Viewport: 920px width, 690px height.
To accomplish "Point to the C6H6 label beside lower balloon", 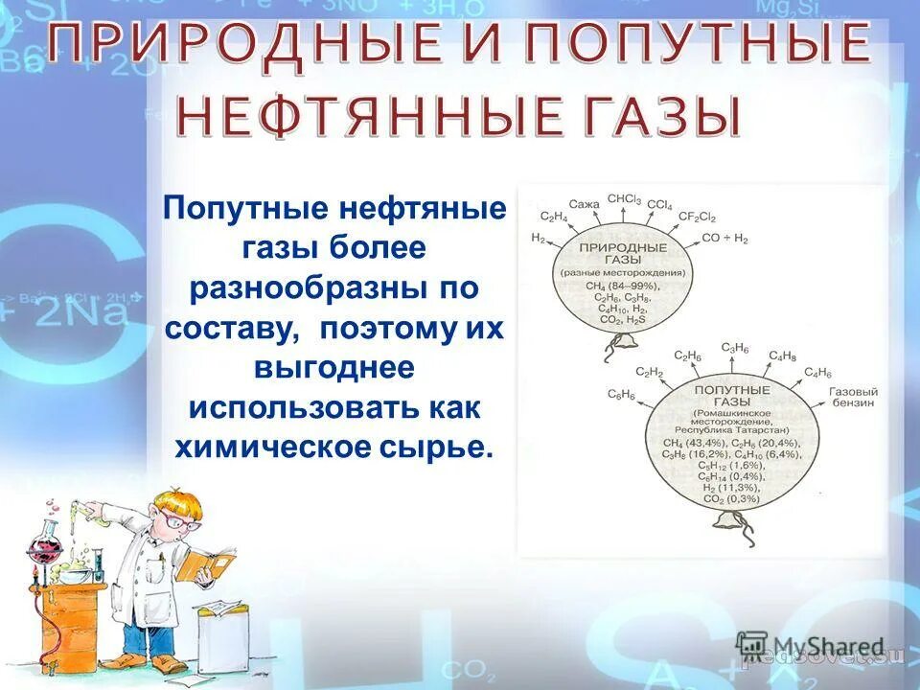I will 621,395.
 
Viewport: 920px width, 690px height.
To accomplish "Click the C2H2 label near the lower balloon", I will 649,372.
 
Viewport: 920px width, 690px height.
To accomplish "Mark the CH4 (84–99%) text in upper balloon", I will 623,285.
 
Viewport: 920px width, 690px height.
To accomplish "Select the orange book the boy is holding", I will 210,563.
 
